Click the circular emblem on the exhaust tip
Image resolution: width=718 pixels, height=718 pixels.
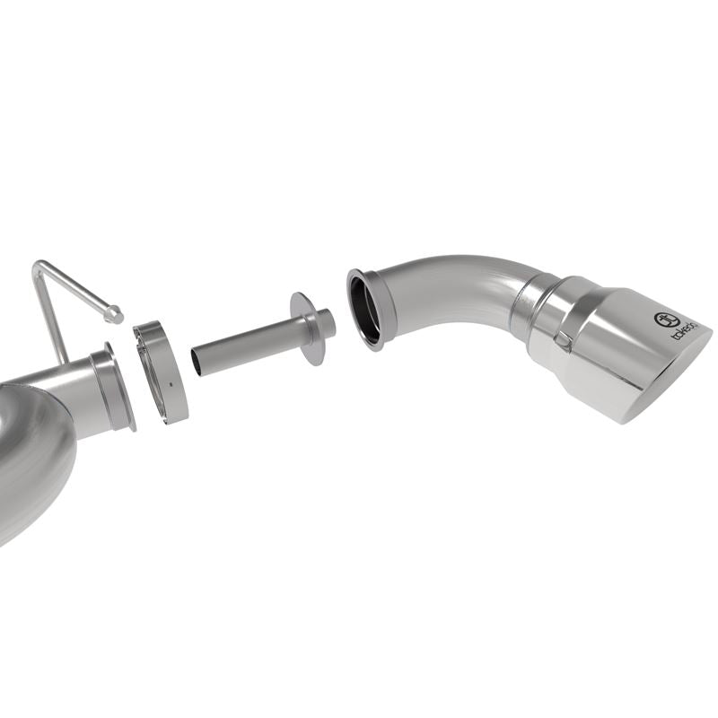click(665, 320)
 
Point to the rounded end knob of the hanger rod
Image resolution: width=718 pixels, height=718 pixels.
click(114, 313)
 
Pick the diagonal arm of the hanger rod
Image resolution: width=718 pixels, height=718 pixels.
click(76, 287)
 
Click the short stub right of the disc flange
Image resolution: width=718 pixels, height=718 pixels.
click(327, 323)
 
